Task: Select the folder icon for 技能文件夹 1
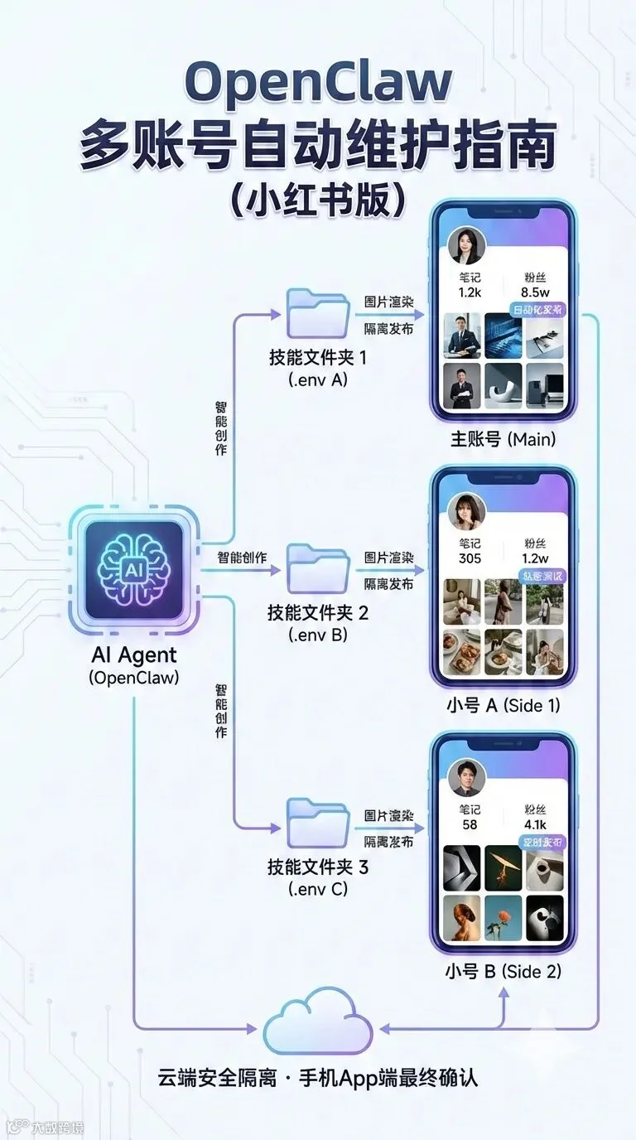point(318,315)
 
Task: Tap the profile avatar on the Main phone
point(466,244)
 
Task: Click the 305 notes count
point(470,558)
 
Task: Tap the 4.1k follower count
point(535,825)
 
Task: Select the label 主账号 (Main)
point(500,439)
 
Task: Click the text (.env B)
point(318,636)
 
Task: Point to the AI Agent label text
point(134,655)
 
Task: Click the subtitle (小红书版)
point(318,200)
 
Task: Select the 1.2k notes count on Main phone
point(470,292)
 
